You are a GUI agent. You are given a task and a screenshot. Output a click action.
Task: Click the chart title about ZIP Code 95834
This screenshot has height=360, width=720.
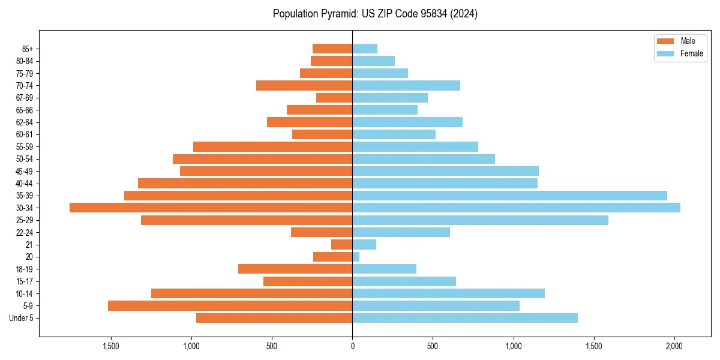[x=375, y=14]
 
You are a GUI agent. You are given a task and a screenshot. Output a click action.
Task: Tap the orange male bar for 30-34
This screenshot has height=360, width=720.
[x=211, y=208]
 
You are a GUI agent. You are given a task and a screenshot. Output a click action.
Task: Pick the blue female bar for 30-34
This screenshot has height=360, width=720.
[x=516, y=208]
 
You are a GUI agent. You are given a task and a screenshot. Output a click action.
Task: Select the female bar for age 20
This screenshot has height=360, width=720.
[x=356, y=257]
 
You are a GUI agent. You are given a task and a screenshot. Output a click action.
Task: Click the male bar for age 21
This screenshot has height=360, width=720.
[x=342, y=245]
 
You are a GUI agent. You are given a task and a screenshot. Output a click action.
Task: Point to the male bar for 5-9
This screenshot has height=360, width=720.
[x=230, y=306]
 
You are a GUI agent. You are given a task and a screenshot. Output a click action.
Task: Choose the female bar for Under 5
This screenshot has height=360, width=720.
[x=465, y=318]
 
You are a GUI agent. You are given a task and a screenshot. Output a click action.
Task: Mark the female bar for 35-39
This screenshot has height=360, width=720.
[x=509, y=196]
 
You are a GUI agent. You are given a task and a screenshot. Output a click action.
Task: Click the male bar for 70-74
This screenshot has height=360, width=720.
[x=304, y=86]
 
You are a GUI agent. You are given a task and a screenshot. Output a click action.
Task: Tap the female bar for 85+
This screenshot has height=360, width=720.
[x=365, y=49]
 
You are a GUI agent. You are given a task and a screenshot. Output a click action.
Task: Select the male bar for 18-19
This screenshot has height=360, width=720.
[x=295, y=269]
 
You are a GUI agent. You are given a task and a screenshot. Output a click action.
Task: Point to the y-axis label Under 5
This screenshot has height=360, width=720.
[x=22, y=318]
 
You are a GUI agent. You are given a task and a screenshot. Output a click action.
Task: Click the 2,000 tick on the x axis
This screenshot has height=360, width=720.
[x=674, y=346]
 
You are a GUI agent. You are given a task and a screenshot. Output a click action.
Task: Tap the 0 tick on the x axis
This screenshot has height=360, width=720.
[x=352, y=346]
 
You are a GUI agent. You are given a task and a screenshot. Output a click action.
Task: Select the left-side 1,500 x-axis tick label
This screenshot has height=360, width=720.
[x=111, y=346]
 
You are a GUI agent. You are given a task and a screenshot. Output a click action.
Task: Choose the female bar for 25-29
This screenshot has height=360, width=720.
[x=480, y=220]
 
